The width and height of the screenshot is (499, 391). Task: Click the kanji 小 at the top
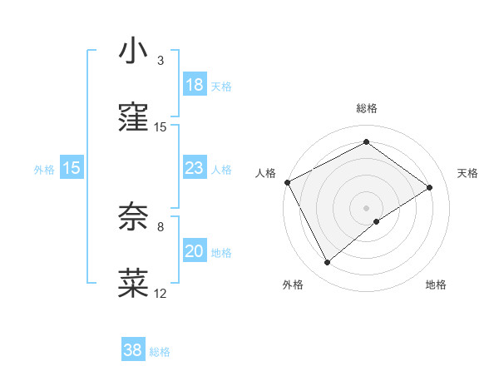coord(133,51)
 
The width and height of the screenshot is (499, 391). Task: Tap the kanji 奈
coord(133,215)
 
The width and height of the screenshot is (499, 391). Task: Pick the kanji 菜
coord(133,283)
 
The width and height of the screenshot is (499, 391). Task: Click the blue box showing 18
coord(194,85)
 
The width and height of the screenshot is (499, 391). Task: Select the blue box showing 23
coord(194,168)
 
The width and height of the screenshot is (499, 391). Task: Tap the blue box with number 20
coord(194,251)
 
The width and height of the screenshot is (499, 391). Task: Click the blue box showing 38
coord(133,350)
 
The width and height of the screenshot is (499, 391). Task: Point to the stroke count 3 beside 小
coord(161,61)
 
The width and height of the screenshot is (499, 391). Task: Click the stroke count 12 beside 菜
coord(161,293)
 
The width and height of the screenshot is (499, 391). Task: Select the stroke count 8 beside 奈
coord(161,226)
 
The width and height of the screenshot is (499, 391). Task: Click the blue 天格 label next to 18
coord(221,87)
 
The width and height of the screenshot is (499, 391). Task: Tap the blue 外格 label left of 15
coord(44,170)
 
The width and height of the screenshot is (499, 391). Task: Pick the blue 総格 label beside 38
coord(161,352)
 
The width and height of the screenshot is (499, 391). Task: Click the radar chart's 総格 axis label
coord(366,108)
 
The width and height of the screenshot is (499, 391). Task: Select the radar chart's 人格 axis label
coord(265,173)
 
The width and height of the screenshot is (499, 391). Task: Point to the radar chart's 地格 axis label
coord(436,285)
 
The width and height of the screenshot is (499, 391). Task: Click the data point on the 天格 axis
coord(430,187)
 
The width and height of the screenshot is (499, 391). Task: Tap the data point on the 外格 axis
coord(328,263)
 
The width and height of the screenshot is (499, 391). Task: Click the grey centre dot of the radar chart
coord(366,207)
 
